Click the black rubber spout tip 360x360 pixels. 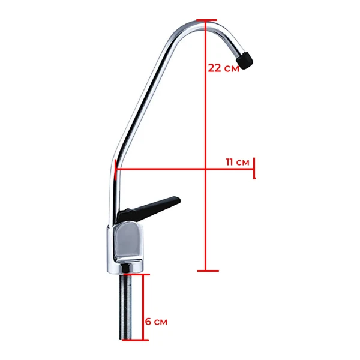[246, 60]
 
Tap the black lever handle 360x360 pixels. [150, 207]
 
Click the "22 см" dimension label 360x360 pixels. [223, 68]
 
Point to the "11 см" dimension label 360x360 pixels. [238, 162]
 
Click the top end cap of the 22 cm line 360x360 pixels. [206, 22]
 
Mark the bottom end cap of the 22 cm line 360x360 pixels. [206, 270]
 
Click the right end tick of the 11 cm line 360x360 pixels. [254, 169]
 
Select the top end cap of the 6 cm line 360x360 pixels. [143, 275]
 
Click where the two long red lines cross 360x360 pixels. [206, 169]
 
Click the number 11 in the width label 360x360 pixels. [230, 162]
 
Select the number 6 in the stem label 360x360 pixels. [148, 322]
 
